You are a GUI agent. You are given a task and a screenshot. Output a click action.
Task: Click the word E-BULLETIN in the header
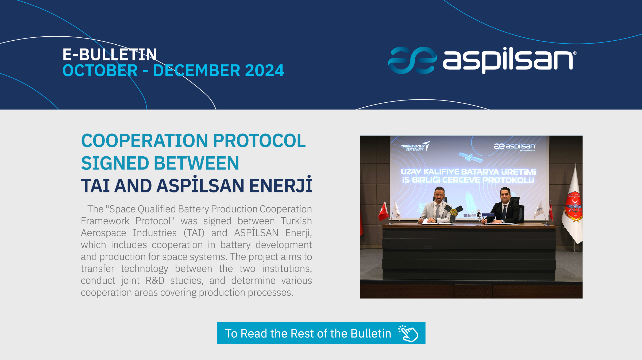pyautogui.click(x=110, y=55)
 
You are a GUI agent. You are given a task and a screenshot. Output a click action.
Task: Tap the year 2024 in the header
pyautogui.click(x=264, y=71)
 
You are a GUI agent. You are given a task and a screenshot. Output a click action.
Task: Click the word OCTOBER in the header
pyautogui.click(x=100, y=71)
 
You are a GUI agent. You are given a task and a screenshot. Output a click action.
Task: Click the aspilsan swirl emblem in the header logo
pyautogui.click(x=412, y=60)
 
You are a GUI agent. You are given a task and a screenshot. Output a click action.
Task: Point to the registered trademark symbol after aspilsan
pyautogui.click(x=575, y=53)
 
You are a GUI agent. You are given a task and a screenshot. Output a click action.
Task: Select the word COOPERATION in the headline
pyautogui.click(x=145, y=141)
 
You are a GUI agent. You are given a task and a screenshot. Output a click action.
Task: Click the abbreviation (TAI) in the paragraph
pyautogui.click(x=194, y=233)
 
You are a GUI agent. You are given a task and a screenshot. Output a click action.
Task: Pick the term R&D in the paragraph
pyautogui.click(x=155, y=281)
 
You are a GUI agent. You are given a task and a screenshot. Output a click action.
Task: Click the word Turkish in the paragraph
pyautogui.click(x=296, y=221)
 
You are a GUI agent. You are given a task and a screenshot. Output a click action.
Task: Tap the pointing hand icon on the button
pyautogui.click(x=408, y=333)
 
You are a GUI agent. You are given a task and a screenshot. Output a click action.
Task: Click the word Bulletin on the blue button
pyautogui.click(x=371, y=334)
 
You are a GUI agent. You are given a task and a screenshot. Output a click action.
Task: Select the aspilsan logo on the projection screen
pyautogui.click(x=515, y=147)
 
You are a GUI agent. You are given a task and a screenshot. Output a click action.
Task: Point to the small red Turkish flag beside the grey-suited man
pyautogui.click(x=384, y=212)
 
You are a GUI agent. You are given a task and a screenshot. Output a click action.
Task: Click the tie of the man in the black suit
pyautogui.click(x=504, y=212)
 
